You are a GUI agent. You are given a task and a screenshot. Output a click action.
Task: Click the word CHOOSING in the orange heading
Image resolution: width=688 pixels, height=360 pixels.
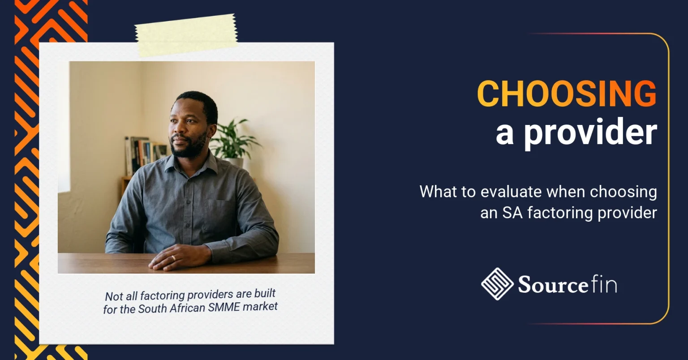point(567,94)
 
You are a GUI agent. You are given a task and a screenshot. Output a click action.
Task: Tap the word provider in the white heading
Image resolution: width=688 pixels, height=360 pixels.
point(591,133)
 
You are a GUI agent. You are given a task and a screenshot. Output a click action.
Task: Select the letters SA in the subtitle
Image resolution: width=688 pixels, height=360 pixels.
point(512,213)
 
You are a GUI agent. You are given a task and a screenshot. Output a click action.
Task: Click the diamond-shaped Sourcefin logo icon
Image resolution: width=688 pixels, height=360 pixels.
point(497,284)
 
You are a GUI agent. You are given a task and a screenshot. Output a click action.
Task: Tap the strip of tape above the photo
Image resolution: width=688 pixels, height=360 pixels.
point(186,35)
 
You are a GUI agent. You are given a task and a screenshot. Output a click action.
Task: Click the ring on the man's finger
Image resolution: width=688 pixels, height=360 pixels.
point(173,257)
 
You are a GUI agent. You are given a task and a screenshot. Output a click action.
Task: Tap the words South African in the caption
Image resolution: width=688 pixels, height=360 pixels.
point(172,309)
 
